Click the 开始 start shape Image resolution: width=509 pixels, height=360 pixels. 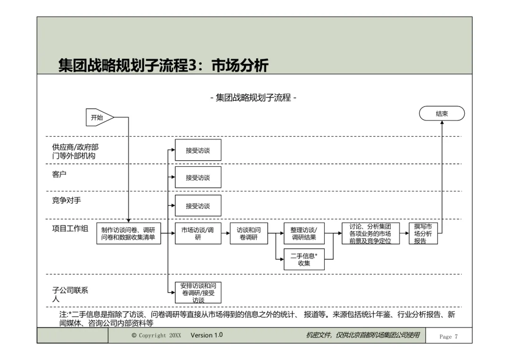99,117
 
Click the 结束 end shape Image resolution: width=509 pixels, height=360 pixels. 442,114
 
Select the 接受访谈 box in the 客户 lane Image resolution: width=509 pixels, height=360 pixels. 198,178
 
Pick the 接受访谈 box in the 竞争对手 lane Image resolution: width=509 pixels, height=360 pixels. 198,206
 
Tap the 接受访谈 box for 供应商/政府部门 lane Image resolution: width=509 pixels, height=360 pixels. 198,150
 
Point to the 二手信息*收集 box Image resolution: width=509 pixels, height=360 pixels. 304,259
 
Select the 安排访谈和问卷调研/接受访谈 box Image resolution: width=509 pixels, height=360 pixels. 198,293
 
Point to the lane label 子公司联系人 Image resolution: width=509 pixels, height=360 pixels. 70,295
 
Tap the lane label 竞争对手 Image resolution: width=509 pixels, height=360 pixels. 66,200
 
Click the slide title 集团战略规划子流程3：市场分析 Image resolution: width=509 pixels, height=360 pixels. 163,65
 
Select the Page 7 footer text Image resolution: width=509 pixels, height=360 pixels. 448,336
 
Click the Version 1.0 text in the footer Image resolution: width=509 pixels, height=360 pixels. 206,335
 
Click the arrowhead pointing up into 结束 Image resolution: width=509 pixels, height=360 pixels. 442,123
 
